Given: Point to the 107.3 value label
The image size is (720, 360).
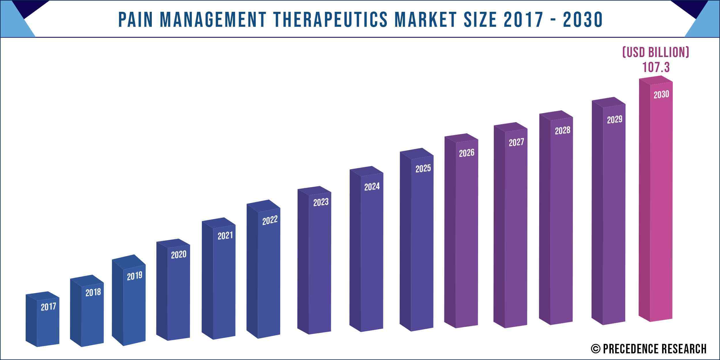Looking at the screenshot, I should (x=656, y=67).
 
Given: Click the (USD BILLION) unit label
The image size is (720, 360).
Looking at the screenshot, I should (x=656, y=52).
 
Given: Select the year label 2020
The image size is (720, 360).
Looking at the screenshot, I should (x=179, y=255).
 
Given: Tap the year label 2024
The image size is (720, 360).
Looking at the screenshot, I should (x=372, y=187).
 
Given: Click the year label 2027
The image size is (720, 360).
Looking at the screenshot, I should (x=516, y=142).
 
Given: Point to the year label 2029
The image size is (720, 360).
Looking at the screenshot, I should (x=614, y=120).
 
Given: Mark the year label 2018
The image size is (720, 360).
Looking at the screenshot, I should (x=93, y=293).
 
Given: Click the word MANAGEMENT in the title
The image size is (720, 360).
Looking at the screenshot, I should (x=213, y=20).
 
